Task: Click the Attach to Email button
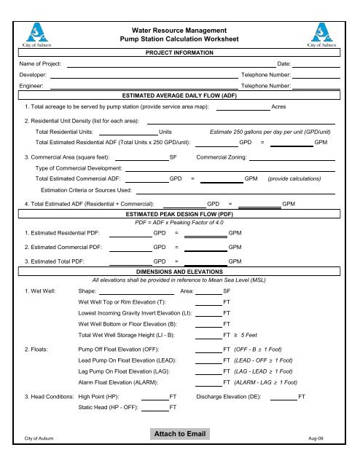tap(179, 435)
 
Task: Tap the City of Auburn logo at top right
tap(322, 32)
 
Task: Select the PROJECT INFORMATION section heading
tap(179, 53)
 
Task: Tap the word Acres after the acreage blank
tap(278, 107)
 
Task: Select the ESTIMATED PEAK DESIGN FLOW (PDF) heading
tap(179, 216)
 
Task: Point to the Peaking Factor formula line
tap(179, 224)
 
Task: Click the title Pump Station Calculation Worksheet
tap(179, 36)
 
